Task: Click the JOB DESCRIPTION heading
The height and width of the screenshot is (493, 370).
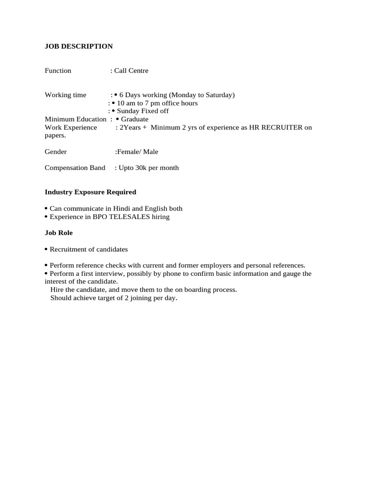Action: [x=79, y=46]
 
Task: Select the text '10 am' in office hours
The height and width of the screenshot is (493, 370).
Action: [x=126, y=103]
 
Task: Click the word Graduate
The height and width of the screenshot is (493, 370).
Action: [x=135, y=119]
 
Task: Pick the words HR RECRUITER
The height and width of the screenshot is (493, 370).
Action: [x=276, y=128]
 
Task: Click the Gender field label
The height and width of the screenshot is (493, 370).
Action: [x=56, y=152]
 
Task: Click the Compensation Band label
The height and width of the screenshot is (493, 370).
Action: [x=75, y=168]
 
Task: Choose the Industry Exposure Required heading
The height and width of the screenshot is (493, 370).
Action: [x=91, y=192]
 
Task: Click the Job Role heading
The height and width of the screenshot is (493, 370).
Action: [x=59, y=233]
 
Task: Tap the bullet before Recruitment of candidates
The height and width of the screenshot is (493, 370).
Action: [x=46, y=249]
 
